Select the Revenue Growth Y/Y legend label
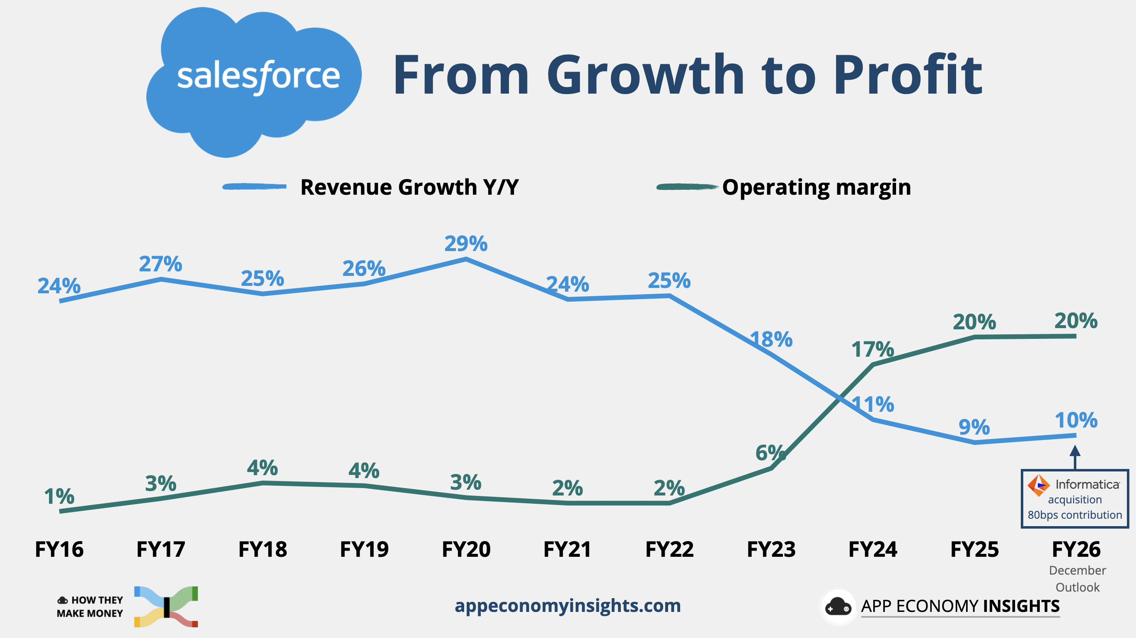coord(409,187)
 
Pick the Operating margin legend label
coord(816,187)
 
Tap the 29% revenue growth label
coord(466,243)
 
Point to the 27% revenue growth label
coord(160,264)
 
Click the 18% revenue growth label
coord(771,339)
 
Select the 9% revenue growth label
coord(974,427)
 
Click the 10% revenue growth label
coord(1076,420)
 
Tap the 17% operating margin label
coord(872,349)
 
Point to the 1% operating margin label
coord(59,496)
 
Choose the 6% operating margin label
coord(770,452)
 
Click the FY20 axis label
coord(466,549)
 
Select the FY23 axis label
coord(771,549)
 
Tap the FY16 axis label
coord(59,549)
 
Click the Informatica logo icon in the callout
coord(1038,485)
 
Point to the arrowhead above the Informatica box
coord(1075,451)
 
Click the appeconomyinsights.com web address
coord(567,605)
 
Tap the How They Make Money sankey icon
coord(166,607)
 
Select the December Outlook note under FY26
coord(1077,578)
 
